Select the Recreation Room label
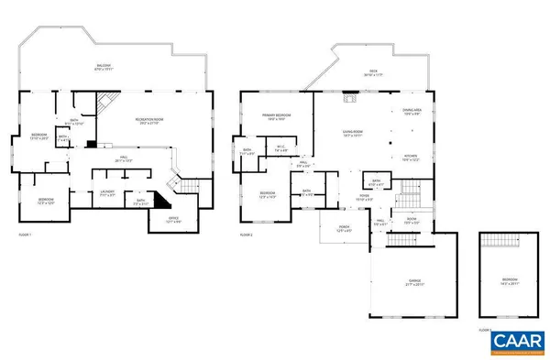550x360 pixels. pyautogui.click(x=148, y=121)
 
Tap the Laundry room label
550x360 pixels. pyautogui.click(x=107, y=193)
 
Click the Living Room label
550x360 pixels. pyautogui.click(x=353, y=133)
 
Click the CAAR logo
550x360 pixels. pyautogui.click(x=513, y=343)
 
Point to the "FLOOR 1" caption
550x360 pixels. pyautogui.click(x=25, y=235)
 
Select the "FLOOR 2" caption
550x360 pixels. pyautogui.click(x=246, y=235)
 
